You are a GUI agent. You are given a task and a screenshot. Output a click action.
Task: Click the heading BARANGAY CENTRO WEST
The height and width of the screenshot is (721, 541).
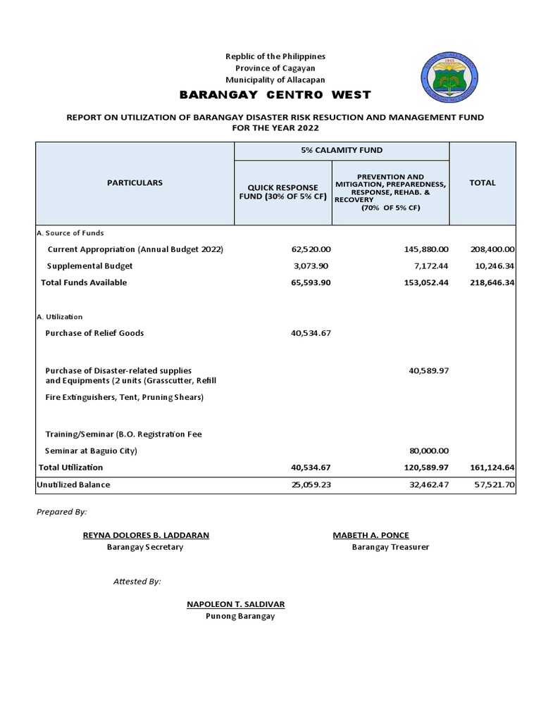pyautogui.click(x=275, y=95)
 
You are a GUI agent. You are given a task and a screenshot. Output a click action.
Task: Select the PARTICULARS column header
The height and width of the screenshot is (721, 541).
pyautogui.click(x=135, y=182)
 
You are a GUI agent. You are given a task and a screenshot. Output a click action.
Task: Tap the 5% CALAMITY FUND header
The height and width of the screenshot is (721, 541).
pyautogui.click(x=341, y=150)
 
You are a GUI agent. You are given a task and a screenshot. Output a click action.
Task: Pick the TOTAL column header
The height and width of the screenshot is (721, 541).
pyautogui.click(x=483, y=182)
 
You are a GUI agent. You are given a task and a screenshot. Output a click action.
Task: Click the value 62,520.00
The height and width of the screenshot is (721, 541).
pyautogui.click(x=311, y=250)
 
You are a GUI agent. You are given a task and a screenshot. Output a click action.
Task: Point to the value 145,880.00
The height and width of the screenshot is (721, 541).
pyautogui.click(x=428, y=250)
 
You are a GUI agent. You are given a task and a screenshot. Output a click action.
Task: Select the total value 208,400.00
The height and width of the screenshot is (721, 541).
pyautogui.click(x=493, y=250)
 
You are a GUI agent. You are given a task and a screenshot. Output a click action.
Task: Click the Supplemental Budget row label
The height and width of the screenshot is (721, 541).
pyautogui.click(x=89, y=266)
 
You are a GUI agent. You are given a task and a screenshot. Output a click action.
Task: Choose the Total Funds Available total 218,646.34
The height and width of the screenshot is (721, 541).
pyautogui.click(x=493, y=282)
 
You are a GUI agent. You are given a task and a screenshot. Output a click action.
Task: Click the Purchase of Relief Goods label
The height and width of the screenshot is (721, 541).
pyautogui.click(x=94, y=333)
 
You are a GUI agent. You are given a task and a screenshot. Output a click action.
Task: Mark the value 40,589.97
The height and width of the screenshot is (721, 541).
pyautogui.click(x=428, y=370)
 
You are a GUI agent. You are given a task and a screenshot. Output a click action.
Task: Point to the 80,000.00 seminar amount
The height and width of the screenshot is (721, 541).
pyautogui.click(x=428, y=451)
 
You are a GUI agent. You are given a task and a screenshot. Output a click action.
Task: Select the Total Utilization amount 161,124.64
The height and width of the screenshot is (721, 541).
pyautogui.click(x=493, y=468)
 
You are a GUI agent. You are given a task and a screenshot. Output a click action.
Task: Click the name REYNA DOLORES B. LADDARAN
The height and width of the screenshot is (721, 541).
pyautogui.click(x=146, y=535)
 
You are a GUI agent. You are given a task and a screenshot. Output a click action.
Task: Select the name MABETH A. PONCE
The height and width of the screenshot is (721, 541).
pyautogui.click(x=371, y=535)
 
